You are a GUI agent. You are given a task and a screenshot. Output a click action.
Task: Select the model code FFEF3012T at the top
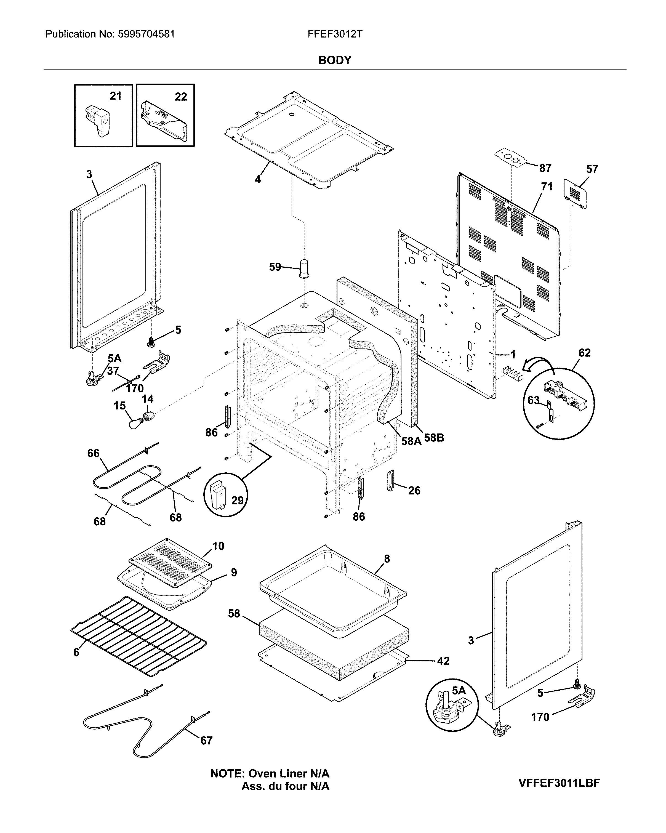335,34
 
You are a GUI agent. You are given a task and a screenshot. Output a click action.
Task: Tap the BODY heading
335,60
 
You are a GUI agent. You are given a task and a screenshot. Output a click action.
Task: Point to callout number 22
181,97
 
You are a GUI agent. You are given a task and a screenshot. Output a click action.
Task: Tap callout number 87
545,168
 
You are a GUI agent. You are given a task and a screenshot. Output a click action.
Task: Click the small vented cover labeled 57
576,193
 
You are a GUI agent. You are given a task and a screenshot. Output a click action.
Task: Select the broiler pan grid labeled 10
170,565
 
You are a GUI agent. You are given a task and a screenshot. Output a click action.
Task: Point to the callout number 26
414,490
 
